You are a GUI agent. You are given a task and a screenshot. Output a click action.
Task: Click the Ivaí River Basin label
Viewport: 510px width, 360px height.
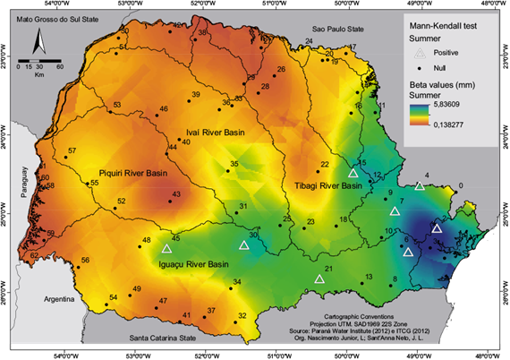coord(215,133)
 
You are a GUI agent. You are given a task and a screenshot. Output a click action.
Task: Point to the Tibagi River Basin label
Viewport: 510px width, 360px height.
coord(327,186)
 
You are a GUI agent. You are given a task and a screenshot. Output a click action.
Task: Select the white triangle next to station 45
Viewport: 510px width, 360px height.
coord(166,249)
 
